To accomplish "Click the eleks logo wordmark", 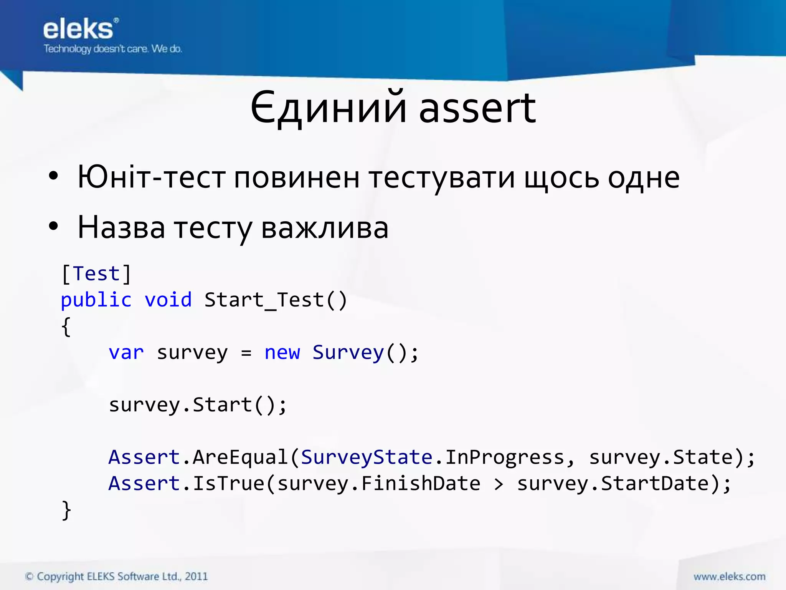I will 78,30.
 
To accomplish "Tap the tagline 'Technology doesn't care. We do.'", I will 112,49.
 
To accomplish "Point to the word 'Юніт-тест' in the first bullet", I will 152,177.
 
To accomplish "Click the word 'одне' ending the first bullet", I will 644,178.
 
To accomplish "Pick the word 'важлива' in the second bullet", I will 325,228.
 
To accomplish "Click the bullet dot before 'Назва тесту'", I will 53,226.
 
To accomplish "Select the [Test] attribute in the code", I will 96,274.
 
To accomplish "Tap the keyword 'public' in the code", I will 96,300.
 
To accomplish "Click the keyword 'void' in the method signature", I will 168,300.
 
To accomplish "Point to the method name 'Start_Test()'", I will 276,300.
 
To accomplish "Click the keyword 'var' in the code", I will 126,353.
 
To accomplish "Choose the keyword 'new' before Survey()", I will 282,353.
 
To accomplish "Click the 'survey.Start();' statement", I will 198,405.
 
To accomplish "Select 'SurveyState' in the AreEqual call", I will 367,457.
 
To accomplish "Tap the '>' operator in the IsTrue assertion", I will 498,484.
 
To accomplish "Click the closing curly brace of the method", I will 66,510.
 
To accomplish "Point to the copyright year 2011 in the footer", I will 196,577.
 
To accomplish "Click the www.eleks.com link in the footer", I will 729,577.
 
